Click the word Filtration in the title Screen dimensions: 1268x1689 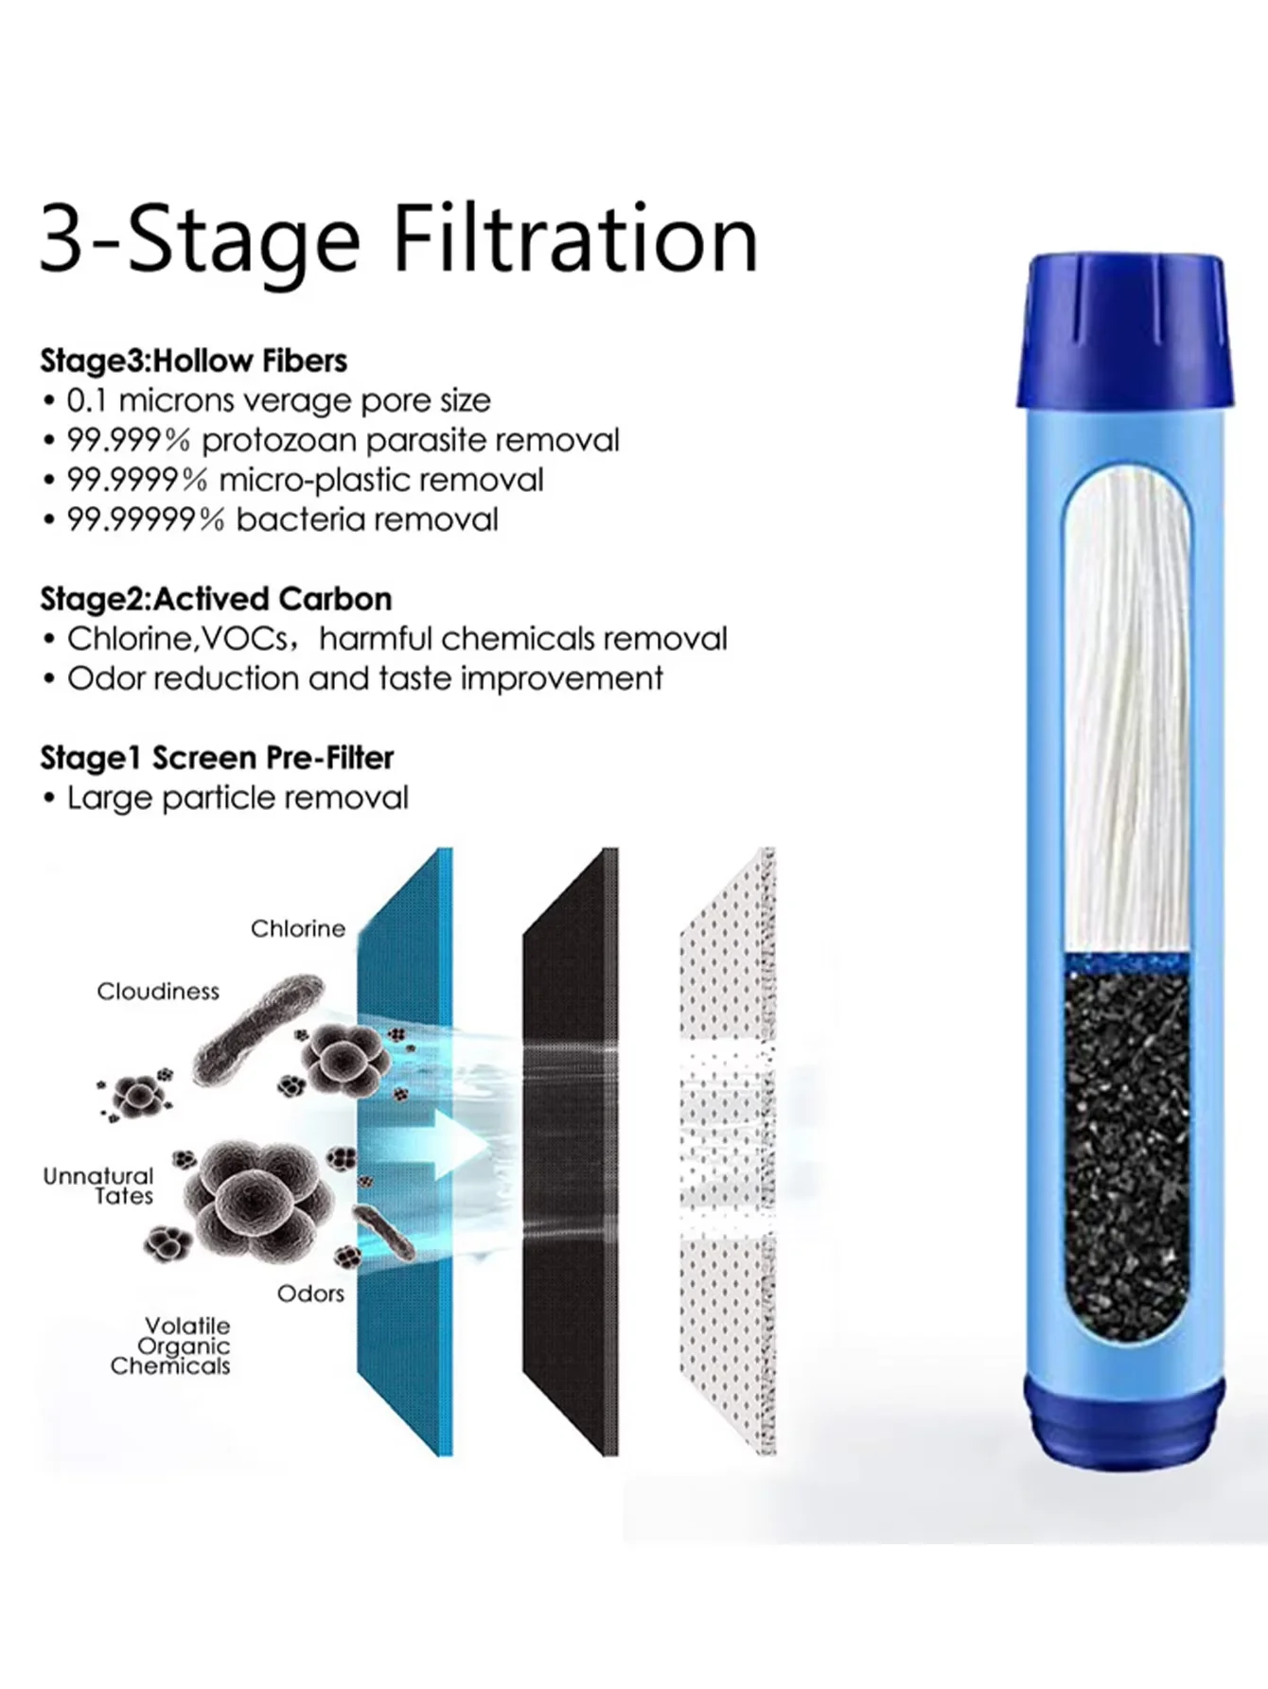tap(575, 238)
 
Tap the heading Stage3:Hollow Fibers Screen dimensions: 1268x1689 tap(193, 361)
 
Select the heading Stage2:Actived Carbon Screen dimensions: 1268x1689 tap(216, 599)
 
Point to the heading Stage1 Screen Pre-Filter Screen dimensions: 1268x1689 tap(217, 758)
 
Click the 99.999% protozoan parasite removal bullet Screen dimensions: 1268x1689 tap(343, 440)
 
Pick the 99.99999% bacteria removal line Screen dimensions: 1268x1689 tap(282, 519)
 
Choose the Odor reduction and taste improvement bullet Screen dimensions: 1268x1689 tap(365, 678)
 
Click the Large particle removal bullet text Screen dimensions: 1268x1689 tap(238, 798)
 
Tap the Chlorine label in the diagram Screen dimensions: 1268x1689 tap(298, 928)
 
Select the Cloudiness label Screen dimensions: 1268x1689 tap(158, 991)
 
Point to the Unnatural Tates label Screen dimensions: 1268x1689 tap(98, 1186)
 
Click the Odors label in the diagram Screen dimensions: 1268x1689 tap(310, 1293)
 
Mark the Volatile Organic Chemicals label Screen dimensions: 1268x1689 tap(170, 1346)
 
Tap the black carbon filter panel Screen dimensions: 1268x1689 tap(571, 1152)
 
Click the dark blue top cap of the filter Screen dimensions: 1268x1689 tap(1124, 330)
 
